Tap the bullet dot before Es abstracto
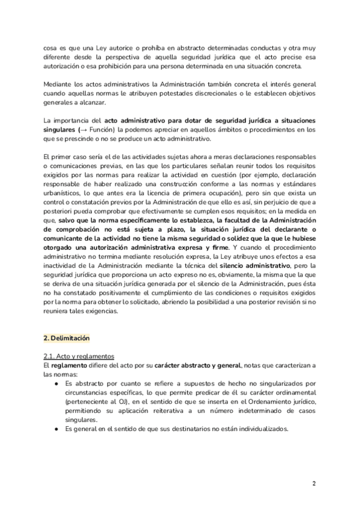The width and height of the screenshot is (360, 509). coord(55,382)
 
